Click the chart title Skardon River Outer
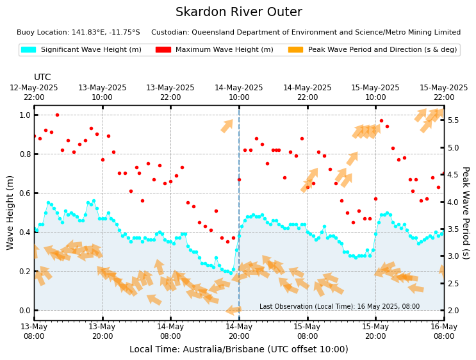(238, 12)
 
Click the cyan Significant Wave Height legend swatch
(28, 50)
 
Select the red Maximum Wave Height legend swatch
(163, 50)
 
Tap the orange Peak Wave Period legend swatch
(295, 50)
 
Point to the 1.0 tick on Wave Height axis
(24, 115)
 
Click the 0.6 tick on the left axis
(24, 193)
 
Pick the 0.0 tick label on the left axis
(24, 311)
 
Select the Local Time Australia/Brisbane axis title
(238, 350)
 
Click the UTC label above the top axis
(42, 78)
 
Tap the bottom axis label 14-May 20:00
(239, 331)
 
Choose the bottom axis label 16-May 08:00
(444, 331)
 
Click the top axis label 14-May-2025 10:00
(239, 92)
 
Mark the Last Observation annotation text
(340, 307)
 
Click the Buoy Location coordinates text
(78, 33)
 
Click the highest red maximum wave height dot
(57, 115)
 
